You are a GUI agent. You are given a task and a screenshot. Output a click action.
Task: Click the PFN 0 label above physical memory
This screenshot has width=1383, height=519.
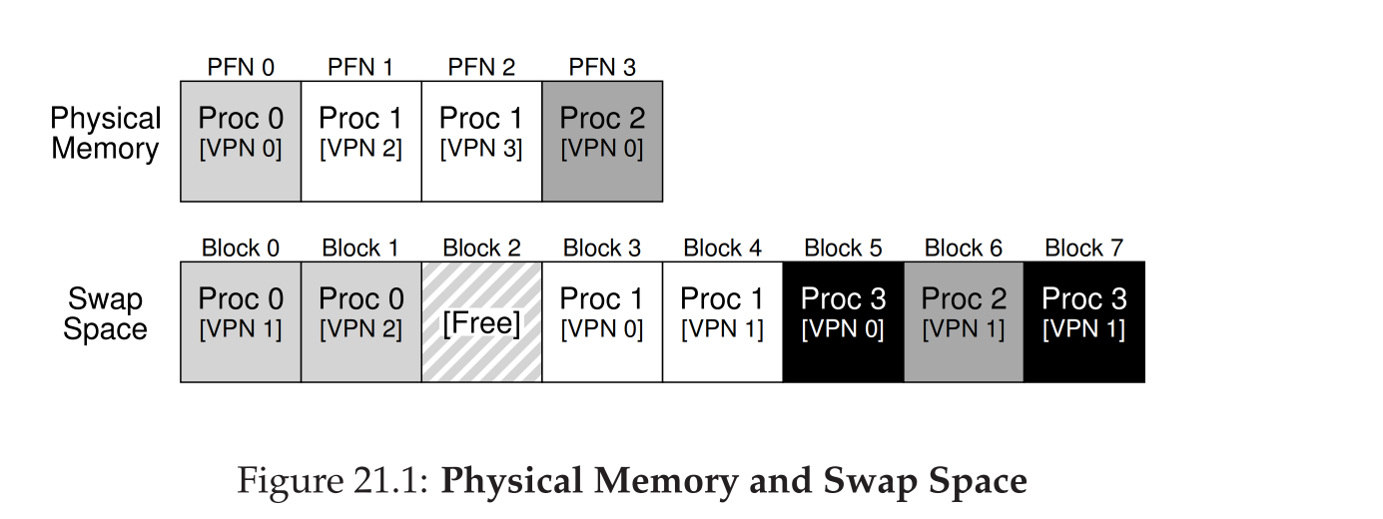240,68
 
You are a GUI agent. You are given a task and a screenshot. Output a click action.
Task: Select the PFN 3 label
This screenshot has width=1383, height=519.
601,68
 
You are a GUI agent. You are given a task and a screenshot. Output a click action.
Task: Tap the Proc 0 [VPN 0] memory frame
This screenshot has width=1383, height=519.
240,141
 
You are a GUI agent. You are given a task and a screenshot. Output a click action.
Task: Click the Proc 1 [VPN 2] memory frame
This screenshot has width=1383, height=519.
360,141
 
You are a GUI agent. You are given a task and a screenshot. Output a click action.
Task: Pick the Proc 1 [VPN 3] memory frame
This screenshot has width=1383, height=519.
481,141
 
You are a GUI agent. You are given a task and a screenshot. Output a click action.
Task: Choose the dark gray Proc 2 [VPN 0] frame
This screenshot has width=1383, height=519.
601,141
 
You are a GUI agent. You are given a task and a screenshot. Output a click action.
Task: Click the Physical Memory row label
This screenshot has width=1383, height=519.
105,134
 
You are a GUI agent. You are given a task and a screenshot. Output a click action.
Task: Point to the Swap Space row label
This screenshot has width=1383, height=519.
105,314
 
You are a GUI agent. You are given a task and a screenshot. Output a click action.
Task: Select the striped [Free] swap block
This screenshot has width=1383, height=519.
481,321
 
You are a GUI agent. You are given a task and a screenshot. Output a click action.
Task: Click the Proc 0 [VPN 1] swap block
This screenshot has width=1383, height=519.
240,321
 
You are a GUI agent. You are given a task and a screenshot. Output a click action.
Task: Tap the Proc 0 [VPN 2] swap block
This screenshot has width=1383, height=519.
360,321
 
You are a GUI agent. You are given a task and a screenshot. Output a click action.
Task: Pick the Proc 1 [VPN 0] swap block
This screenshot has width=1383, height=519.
601,321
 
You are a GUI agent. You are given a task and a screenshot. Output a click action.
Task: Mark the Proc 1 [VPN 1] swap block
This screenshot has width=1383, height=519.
722,321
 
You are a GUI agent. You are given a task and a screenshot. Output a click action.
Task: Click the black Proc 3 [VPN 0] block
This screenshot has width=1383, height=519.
843,321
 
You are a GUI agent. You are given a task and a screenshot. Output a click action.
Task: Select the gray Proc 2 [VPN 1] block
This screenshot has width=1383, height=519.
964,321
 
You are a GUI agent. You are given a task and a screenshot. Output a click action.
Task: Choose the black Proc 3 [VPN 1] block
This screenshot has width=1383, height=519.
1083,321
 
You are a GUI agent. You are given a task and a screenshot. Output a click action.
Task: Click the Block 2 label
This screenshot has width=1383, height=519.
481,249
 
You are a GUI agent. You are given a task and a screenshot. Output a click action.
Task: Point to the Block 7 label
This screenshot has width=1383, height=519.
1083,249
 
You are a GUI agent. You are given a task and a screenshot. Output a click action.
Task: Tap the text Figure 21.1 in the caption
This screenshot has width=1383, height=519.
333,481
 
